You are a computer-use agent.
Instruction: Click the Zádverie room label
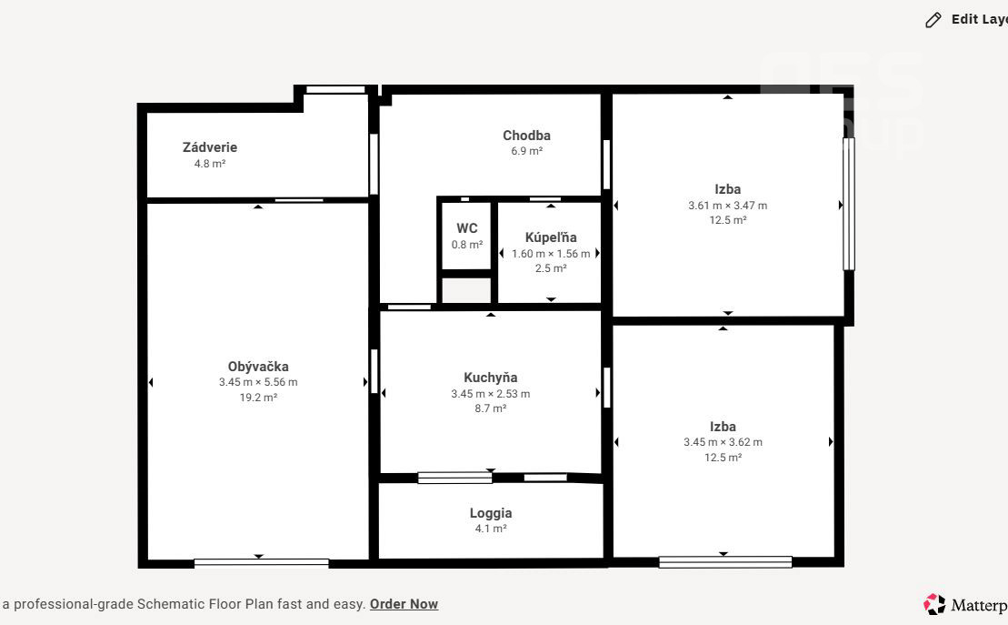coord(210,147)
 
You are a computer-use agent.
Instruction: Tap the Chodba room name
coord(526,136)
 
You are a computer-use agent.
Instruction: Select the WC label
coord(466,228)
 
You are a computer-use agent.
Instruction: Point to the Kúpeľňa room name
coord(551,237)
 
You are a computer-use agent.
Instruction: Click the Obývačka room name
coord(258,367)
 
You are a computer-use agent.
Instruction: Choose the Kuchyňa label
coord(491,378)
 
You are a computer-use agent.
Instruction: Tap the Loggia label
coord(491,513)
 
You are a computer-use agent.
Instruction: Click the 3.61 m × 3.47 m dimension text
coord(728,206)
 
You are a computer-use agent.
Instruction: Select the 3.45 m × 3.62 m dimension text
coord(723,442)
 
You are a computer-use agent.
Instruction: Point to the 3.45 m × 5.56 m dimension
coord(258,382)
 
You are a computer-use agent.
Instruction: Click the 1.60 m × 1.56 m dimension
coord(551,254)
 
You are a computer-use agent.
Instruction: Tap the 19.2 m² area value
coord(258,398)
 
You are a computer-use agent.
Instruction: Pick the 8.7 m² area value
coord(491,408)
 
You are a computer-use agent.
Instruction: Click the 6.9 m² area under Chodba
coord(526,151)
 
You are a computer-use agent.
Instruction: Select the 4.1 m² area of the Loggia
coord(491,529)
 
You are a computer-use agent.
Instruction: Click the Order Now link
coord(404,604)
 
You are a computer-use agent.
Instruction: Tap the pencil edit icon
coord(933,20)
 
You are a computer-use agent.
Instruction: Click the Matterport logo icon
coord(934,604)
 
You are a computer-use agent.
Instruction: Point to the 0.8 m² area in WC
coord(466,245)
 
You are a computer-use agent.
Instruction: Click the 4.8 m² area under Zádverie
coord(210,164)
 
